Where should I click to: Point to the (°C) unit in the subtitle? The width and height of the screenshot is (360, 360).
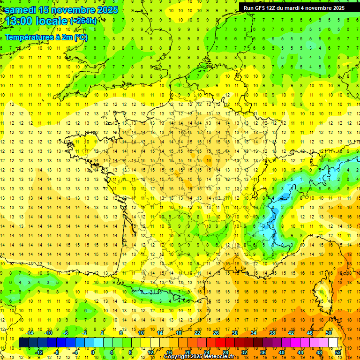pyautogui.click(x=81, y=37)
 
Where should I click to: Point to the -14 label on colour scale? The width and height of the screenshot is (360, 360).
pyautogui.click(x=30, y=333)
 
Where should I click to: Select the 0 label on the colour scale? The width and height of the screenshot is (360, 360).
pyautogui.click(x=93, y=352)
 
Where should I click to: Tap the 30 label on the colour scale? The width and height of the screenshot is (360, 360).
pyautogui.click(x=234, y=333)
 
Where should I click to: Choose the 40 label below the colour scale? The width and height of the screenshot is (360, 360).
pyautogui.click(x=282, y=352)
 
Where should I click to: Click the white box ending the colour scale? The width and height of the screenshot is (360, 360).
pyautogui.click(x=333, y=343)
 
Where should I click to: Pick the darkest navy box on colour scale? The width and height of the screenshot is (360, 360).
pyautogui.click(x=23, y=343)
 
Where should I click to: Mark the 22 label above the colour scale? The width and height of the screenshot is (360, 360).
pyautogui.click(x=197, y=333)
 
